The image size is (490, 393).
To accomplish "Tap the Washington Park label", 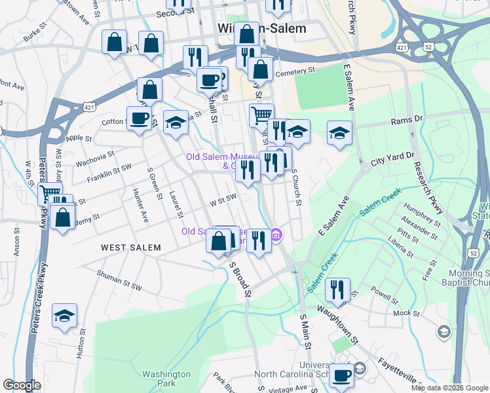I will pyautogui.click(x=166, y=379).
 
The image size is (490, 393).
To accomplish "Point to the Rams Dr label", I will pyautogui.click(x=407, y=120).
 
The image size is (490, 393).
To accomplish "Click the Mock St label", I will pyautogui.click(x=406, y=313).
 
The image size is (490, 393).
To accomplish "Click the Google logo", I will pyautogui.click(x=22, y=385).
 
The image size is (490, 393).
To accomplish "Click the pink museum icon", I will pyautogui.click(x=276, y=234).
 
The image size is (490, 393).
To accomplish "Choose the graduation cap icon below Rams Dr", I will pyautogui.click(x=339, y=133).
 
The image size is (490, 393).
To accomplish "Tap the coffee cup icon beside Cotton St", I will pyautogui.click(x=139, y=119).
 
